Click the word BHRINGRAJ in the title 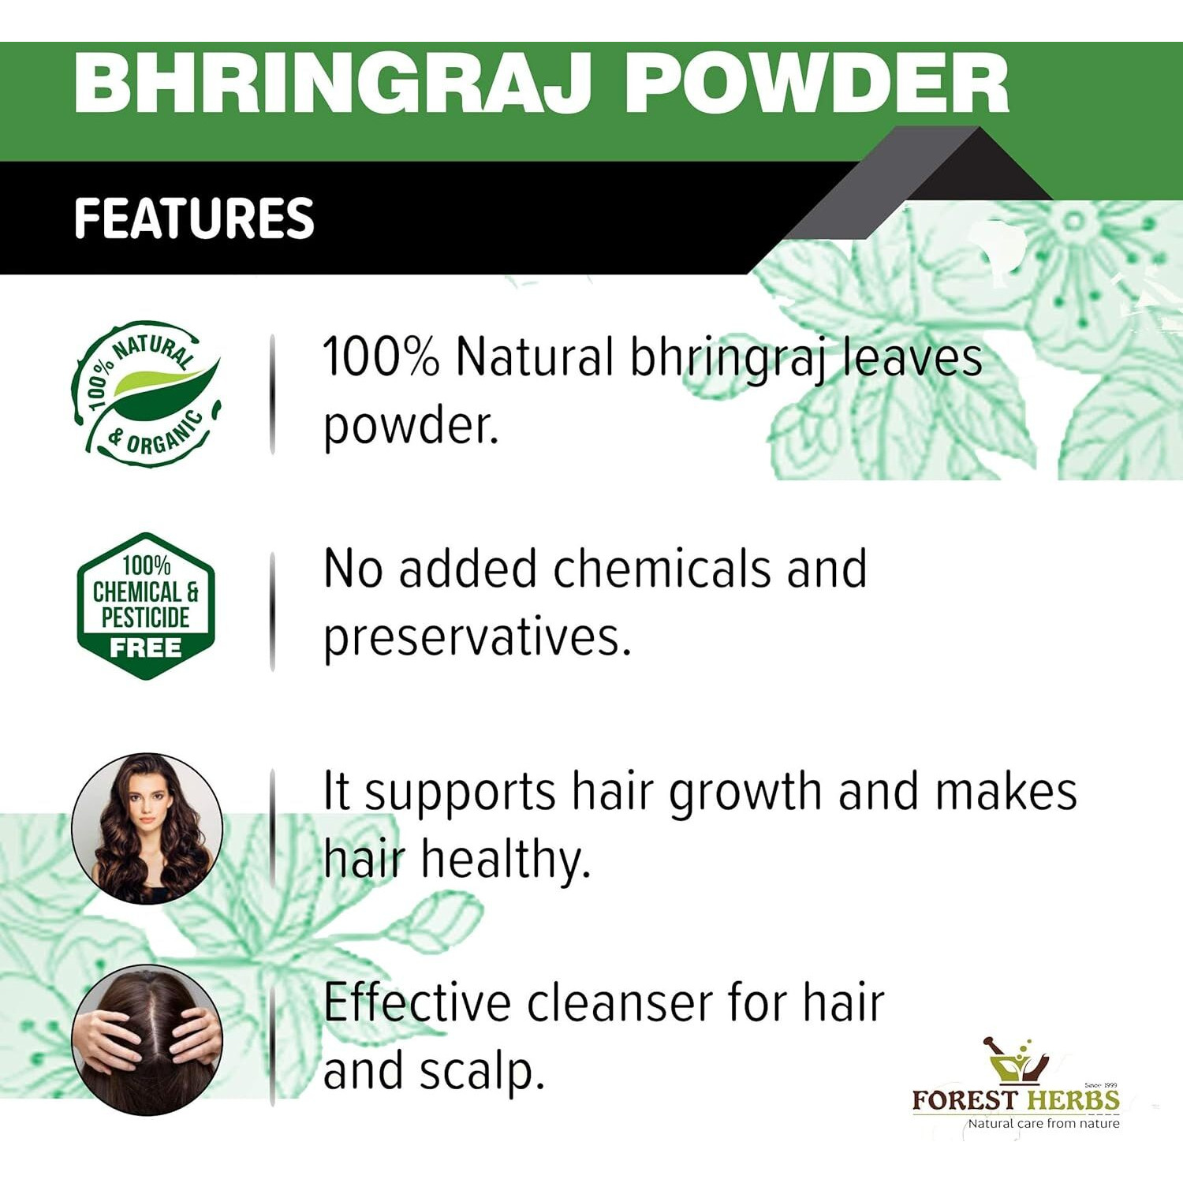click(331, 84)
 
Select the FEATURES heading click(194, 218)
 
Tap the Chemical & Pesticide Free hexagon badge click(146, 606)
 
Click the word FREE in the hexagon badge click(146, 648)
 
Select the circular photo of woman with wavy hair click(147, 827)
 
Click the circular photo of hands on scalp click(147, 1039)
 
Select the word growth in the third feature click(745, 792)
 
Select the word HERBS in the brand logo click(1073, 1100)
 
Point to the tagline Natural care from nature click(1043, 1123)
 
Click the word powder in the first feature click(410, 427)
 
